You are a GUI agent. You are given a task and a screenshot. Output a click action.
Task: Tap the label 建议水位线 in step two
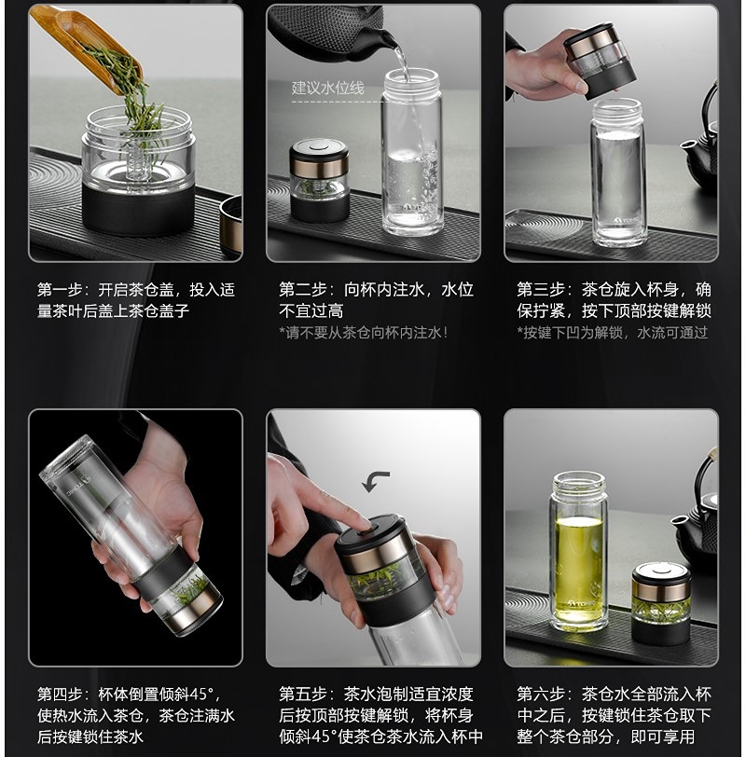pos(327,88)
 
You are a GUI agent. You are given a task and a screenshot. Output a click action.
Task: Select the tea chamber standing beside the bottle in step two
pos(319,180)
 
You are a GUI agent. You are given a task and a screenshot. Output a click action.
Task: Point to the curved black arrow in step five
pos(375,481)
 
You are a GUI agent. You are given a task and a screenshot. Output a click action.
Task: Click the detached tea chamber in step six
pos(661,602)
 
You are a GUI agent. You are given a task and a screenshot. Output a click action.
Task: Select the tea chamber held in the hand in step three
pos(601,61)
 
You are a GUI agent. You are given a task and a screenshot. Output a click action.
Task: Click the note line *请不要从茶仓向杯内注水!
pos(364,332)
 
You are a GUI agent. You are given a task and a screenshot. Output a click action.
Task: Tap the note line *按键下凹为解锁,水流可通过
pos(613,332)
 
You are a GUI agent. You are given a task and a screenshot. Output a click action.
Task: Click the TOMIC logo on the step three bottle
pos(627,221)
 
